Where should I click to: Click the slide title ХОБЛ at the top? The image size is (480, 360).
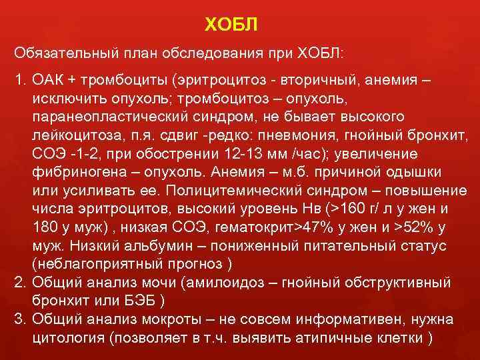(230, 25)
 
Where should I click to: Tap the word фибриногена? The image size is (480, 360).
(71, 171)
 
